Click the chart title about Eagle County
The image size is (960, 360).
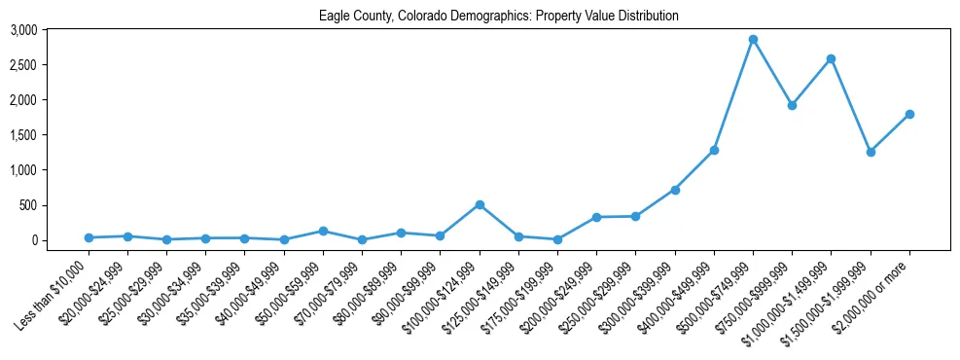coord(498,17)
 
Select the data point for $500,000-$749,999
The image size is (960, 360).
coord(753,40)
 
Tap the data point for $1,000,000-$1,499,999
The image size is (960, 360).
coord(831,59)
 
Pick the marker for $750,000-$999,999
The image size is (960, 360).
coord(792,105)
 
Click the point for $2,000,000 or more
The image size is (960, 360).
coord(909,115)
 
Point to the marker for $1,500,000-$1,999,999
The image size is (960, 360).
coord(871,152)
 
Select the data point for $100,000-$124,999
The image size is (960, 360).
coord(480,204)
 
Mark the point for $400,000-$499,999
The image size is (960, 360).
coord(714,150)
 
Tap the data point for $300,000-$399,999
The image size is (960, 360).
coord(675,190)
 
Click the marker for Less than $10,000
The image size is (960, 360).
coord(89,237)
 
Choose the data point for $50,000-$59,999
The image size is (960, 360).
coord(323,231)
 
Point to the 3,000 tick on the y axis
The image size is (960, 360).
coord(23,30)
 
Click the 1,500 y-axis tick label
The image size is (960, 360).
coord(23,135)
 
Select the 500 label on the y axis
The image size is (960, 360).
coord(28,205)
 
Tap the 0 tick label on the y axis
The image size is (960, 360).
coord(33,240)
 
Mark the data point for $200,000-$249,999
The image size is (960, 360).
coord(596,217)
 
